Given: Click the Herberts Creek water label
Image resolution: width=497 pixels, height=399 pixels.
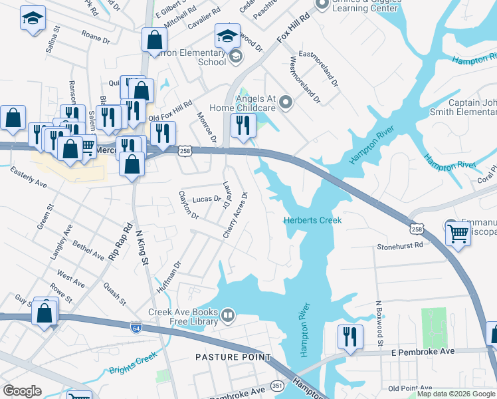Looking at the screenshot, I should (x=312, y=220).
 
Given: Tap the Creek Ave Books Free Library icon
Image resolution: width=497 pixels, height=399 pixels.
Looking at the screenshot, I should (x=228, y=314).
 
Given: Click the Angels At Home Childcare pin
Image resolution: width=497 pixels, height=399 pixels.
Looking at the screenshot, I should (x=286, y=102).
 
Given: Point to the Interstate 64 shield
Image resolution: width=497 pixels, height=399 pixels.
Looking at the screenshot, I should (x=136, y=327).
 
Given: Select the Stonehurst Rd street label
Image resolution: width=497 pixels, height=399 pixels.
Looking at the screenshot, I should (x=400, y=245).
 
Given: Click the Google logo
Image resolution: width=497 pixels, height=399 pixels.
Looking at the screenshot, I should (x=22, y=391).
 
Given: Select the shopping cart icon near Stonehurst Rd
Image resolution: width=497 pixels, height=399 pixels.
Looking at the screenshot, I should (x=458, y=234).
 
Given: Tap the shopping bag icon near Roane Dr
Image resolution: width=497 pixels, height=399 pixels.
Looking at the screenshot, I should (x=153, y=39).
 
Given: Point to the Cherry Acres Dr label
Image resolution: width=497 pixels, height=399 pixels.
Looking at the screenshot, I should (x=236, y=215).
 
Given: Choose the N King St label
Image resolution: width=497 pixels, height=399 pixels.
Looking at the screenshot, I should (x=140, y=248).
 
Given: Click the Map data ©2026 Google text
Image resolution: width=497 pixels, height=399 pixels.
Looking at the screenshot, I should (x=455, y=394).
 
